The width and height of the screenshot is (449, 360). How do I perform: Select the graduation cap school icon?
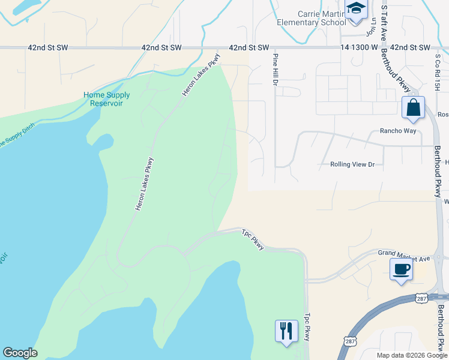355,10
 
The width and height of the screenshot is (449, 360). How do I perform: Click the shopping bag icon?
413,109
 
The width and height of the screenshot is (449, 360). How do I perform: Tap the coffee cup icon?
401,269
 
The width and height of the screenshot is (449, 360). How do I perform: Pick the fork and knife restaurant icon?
286,331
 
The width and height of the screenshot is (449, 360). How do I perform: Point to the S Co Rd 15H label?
438,73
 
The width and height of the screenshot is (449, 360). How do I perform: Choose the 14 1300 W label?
359,47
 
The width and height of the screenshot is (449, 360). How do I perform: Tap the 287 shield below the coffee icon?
422,298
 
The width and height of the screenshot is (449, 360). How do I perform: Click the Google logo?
20,353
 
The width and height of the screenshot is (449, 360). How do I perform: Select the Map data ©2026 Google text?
411,355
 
